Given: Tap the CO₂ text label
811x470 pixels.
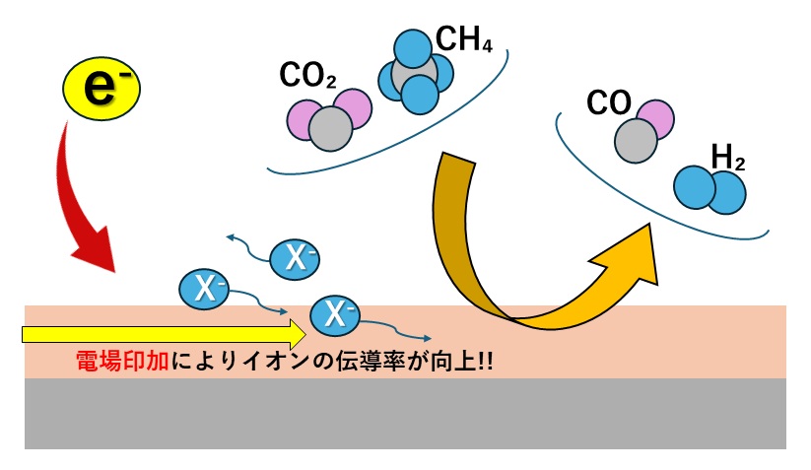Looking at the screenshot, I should (x=308, y=75).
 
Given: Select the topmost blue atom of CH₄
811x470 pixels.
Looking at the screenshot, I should (x=414, y=46).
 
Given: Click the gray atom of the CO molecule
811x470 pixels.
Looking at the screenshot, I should (x=636, y=141).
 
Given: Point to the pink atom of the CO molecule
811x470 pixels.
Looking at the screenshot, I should (x=653, y=119).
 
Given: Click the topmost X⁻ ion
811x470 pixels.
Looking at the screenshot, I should (x=296, y=257).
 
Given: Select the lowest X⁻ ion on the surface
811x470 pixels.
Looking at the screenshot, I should (x=334, y=314).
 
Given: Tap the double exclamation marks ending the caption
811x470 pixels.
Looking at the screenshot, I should (x=483, y=362).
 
